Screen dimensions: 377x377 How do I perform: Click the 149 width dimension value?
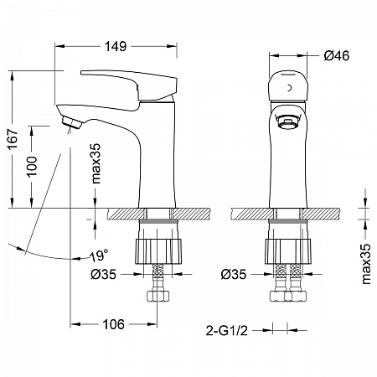pos(116,46)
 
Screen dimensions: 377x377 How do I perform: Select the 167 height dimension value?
pos(13,139)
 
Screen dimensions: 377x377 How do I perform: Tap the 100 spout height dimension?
pos(32,166)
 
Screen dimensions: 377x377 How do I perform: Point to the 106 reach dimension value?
pos(113,324)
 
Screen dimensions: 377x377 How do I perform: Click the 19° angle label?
pos(99,256)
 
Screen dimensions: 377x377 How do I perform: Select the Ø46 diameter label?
pos(336,56)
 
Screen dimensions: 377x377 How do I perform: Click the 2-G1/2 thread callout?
pos(226,331)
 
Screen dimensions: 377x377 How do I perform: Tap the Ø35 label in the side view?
pos(103,274)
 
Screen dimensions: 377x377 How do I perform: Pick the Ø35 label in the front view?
pos(234,274)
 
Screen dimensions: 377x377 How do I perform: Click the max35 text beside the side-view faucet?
pos(96,163)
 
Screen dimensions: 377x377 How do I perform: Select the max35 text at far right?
pos(366,264)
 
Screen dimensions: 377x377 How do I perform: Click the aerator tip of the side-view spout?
pos(71,122)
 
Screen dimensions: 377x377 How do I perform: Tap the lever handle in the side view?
pos(129,85)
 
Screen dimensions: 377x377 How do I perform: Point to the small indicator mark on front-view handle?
pos(290,88)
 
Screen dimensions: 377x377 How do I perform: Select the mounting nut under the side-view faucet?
pos(158,251)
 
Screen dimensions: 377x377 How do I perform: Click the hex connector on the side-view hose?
pos(158,296)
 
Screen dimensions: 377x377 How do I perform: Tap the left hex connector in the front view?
pos(278,296)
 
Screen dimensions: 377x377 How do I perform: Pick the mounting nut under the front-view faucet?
pos(288,251)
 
